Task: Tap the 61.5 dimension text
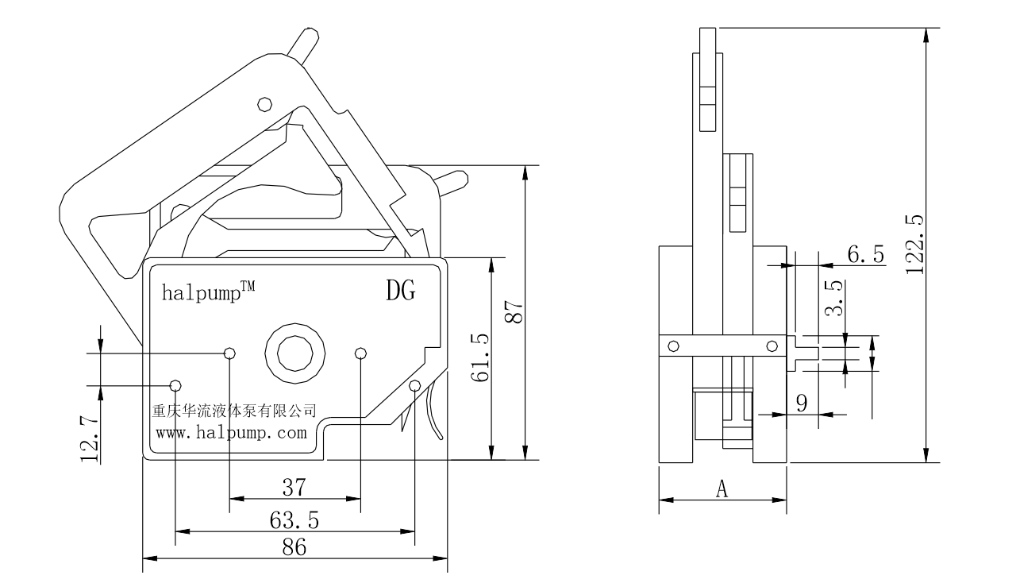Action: [x=479, y=358]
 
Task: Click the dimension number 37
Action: [x=294, y=486]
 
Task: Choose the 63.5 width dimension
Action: [x=294, y=519]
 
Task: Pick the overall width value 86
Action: [x=294, y=546]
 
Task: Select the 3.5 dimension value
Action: [x=834, y=299]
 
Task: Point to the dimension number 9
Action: [x=802, y=403]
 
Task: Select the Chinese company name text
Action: [x=234, y=411]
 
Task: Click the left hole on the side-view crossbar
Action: [x=674, y=346]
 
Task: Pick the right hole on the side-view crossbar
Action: [x=772, y=346]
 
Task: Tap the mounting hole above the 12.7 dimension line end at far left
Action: [x=175, y=385]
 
